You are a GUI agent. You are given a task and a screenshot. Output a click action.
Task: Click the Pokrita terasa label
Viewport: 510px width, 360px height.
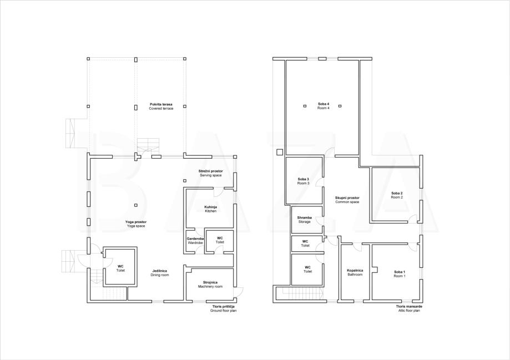coord(161,107)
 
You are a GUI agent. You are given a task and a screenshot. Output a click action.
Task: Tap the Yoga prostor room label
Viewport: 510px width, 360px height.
coord(136,224)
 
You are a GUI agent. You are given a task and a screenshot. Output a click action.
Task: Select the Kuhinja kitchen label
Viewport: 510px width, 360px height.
coord(211,209)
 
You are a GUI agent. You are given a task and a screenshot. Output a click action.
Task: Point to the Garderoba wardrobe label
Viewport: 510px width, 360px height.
coord(195,241)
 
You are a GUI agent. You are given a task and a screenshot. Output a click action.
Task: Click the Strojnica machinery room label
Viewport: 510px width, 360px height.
coord(210,285)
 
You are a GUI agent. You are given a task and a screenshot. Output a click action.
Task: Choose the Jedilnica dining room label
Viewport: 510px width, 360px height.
coord(159,273)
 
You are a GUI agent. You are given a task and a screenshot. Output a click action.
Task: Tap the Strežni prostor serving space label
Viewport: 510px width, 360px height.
coord(211,173)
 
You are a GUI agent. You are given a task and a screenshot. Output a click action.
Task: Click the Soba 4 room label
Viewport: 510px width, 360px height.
coord(324,106)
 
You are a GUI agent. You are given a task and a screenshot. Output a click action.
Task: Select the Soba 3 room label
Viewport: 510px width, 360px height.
coord(303,181)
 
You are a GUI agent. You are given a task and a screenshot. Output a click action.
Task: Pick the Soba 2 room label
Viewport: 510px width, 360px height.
coord(397,195)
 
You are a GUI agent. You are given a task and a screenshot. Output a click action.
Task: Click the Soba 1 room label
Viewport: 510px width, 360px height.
coord(400,274)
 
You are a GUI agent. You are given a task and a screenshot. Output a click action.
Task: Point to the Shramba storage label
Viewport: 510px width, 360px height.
coord(305,220)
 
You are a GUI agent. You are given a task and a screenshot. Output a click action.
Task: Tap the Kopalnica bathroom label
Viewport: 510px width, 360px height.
coord(355,272)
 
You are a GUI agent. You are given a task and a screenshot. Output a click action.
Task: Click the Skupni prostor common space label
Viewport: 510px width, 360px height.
coord(347,200)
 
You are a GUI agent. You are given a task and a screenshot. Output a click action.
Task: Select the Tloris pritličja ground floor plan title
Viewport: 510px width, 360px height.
coord(223,308)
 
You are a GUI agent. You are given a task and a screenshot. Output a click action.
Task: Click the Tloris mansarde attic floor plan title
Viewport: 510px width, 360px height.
coord(409,308)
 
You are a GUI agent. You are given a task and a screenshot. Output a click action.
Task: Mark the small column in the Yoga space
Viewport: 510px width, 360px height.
coord(135,205)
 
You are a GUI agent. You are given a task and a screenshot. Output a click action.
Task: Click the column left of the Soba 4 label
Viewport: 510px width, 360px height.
coord(305,106)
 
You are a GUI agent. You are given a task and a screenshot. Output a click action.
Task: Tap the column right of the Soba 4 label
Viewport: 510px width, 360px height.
coord(340,106)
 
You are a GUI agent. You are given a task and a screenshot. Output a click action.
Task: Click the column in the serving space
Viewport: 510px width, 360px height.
coord(184,181)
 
